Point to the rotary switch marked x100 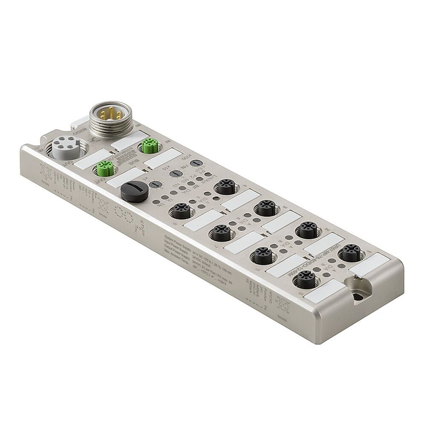tap(196, 163)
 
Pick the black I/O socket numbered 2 tap(307, 229)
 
